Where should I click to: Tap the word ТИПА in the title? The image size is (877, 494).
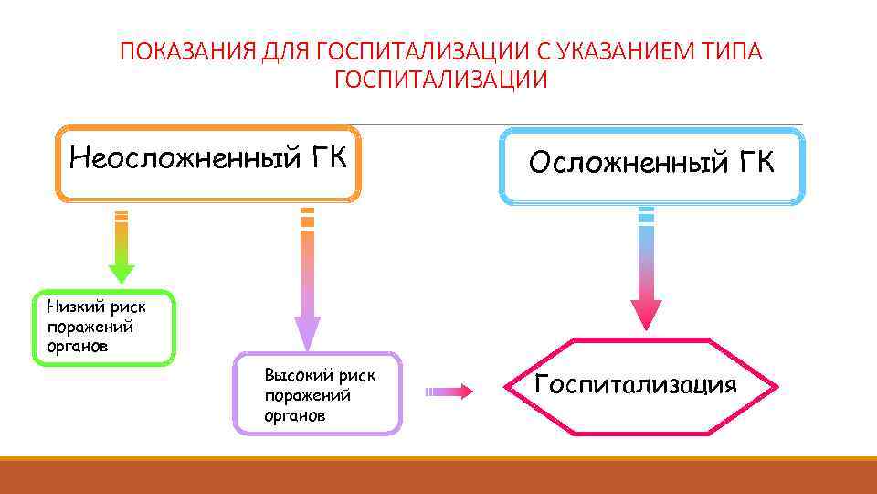pos(732,51)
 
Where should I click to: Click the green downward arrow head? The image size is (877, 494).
pos(122,273)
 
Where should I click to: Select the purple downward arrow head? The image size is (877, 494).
pos(308,332)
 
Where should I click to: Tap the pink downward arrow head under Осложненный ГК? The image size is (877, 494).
pos(646,313)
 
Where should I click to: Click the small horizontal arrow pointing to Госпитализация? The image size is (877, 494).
pos(449,392)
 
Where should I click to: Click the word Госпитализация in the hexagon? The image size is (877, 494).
pos(635,384)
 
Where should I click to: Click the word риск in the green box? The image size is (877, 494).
pos(127,307)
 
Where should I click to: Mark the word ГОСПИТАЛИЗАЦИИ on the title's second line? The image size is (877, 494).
pos(441,81)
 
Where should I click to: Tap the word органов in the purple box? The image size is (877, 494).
pos(294,415)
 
